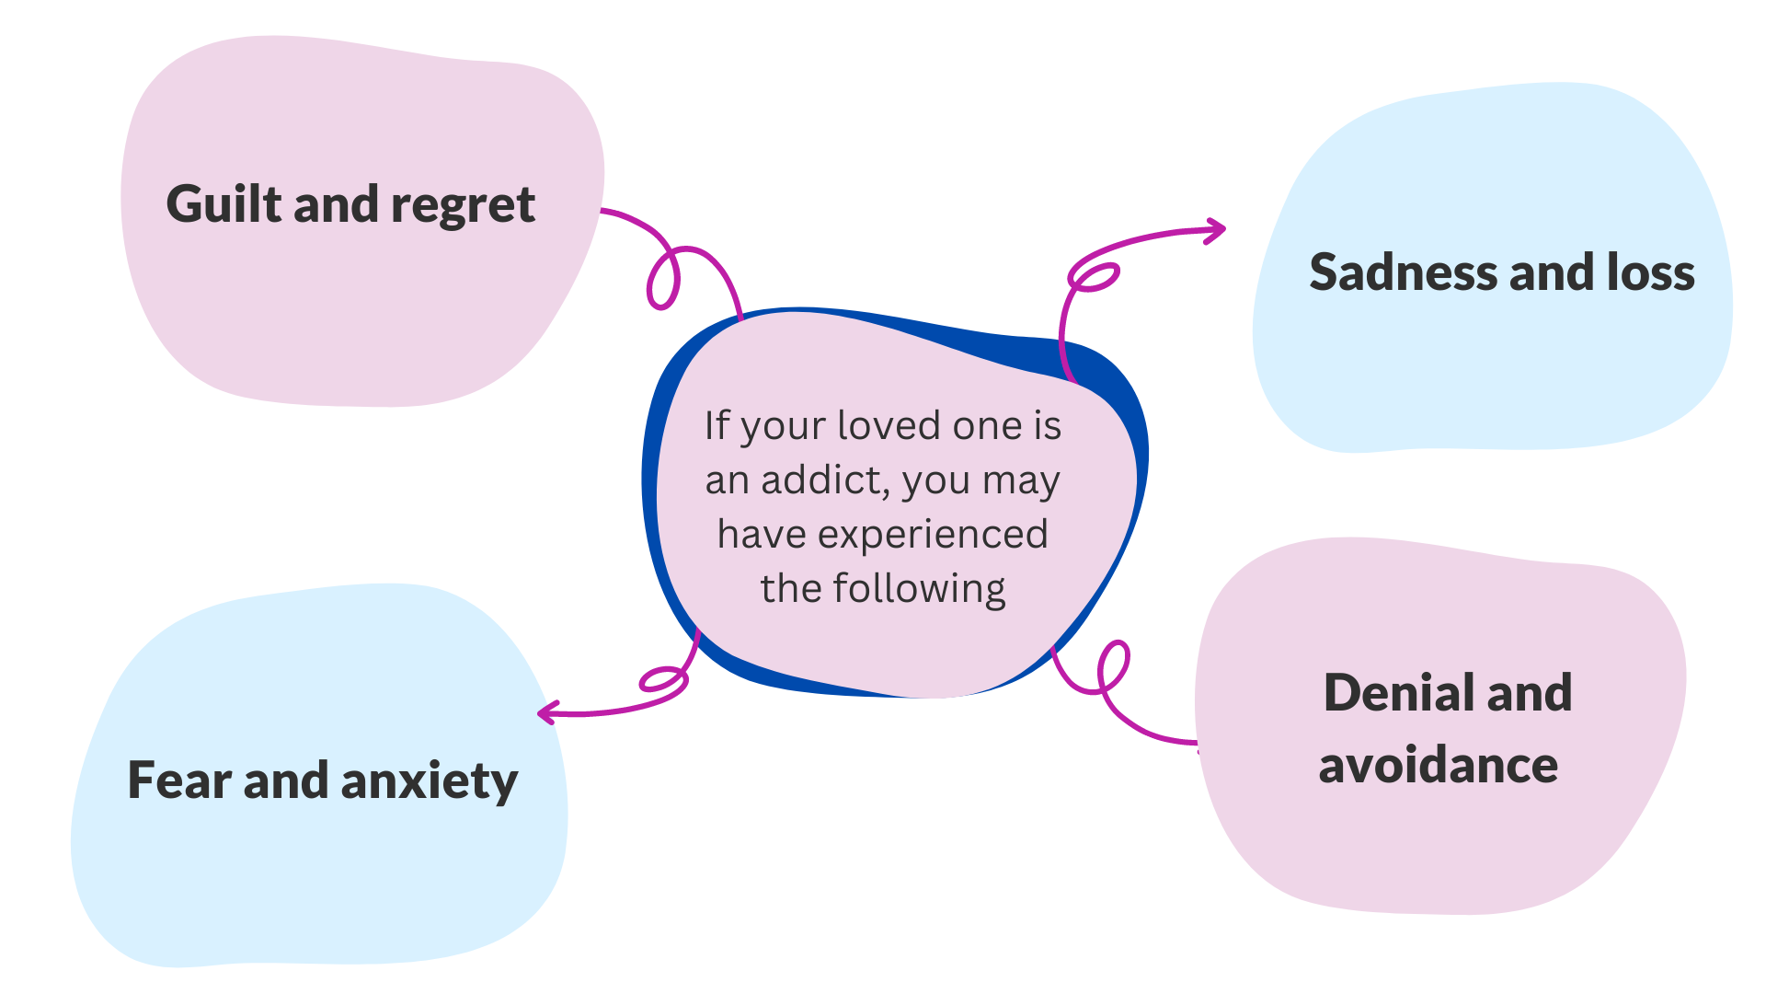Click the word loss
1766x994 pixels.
pos(1650,272)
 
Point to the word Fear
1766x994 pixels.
pos(179,780)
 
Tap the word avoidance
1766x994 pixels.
pos(1438,766)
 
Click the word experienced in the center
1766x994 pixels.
pos(932,534)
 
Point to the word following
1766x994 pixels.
pos(919,589)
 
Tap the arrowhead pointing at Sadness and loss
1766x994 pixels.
pos(1218,230)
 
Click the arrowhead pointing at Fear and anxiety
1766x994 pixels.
pos(546,712)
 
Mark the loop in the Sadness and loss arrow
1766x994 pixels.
pos(1094,276)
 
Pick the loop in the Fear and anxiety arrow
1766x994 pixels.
pos(663,681)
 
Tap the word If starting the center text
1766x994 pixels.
pos(717,425)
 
